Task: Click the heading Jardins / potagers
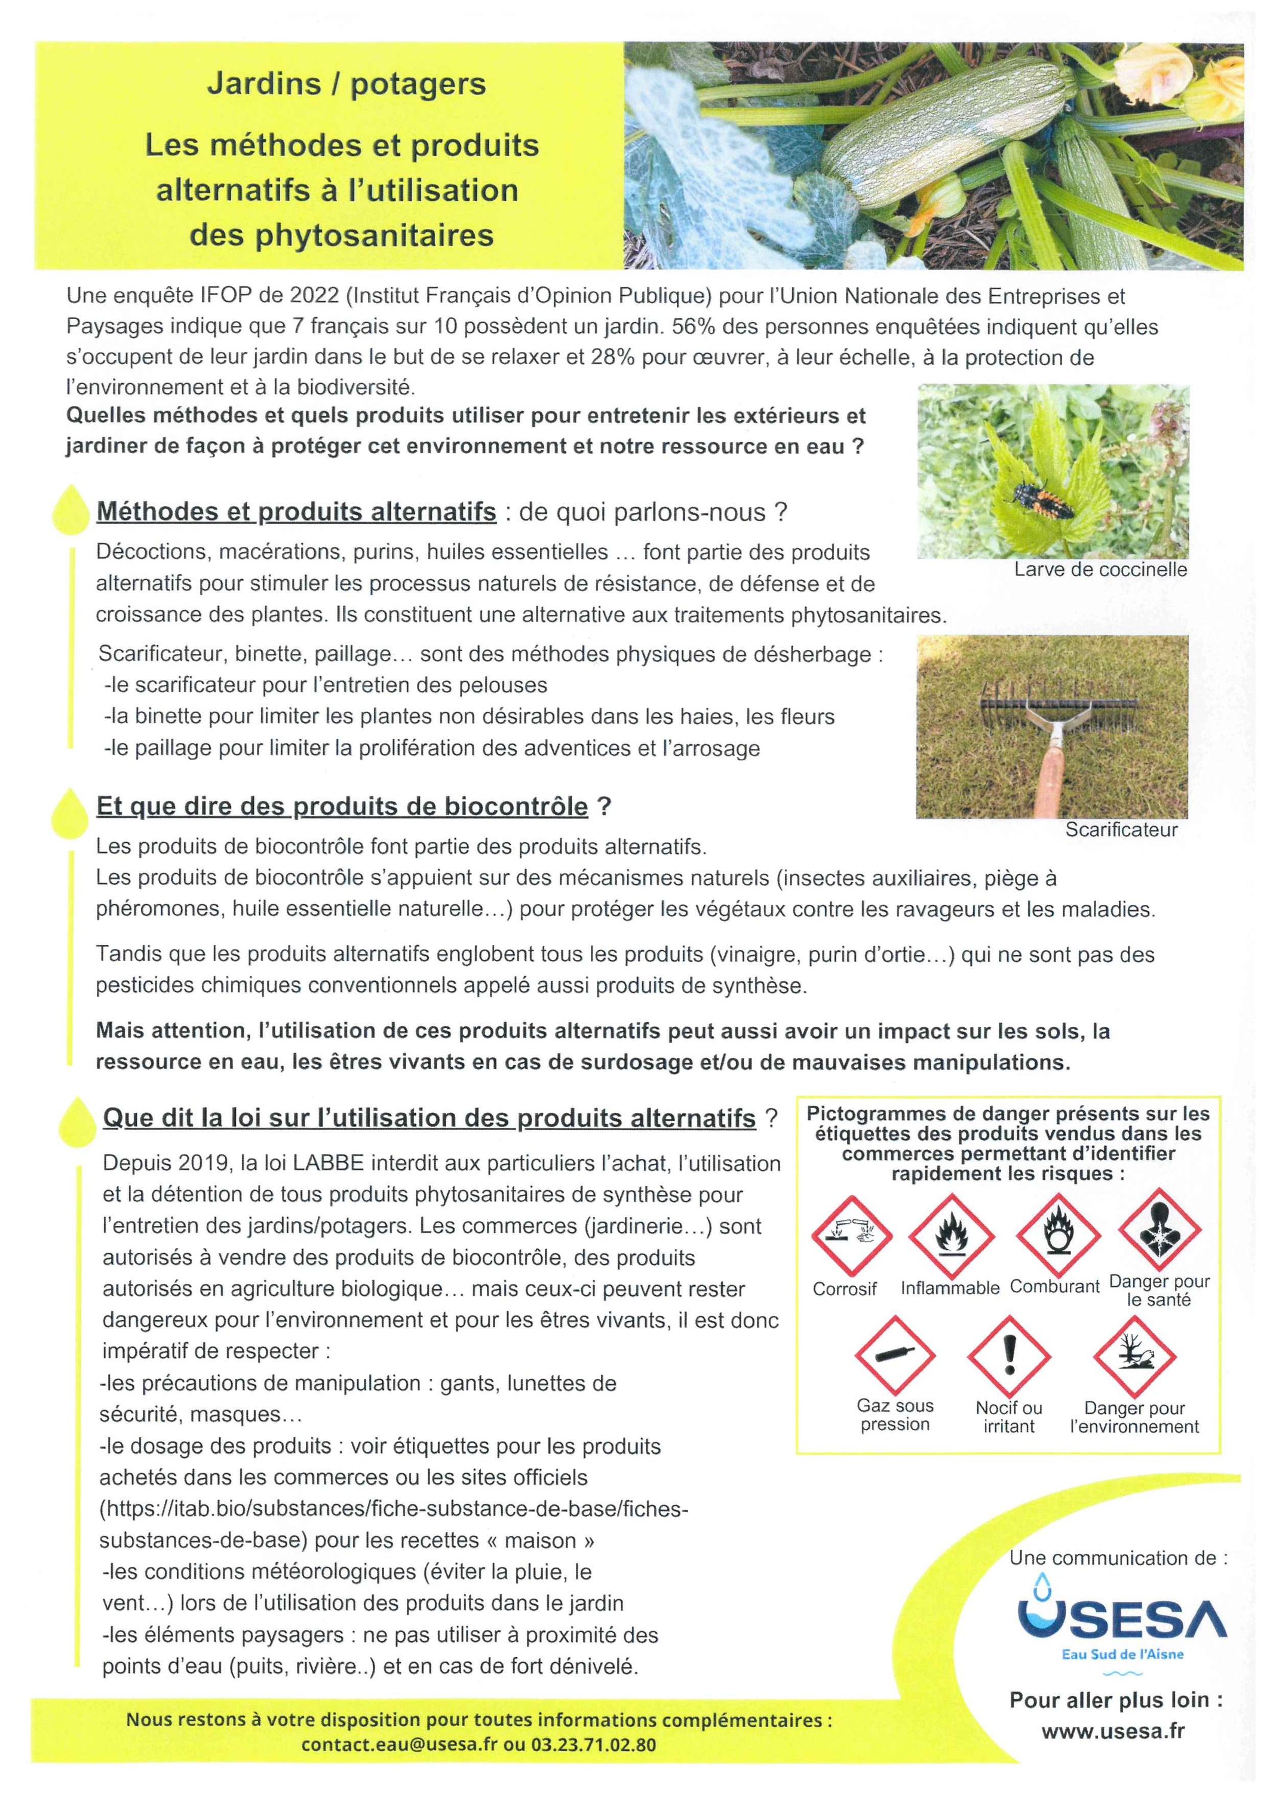(x=346, y=84)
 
